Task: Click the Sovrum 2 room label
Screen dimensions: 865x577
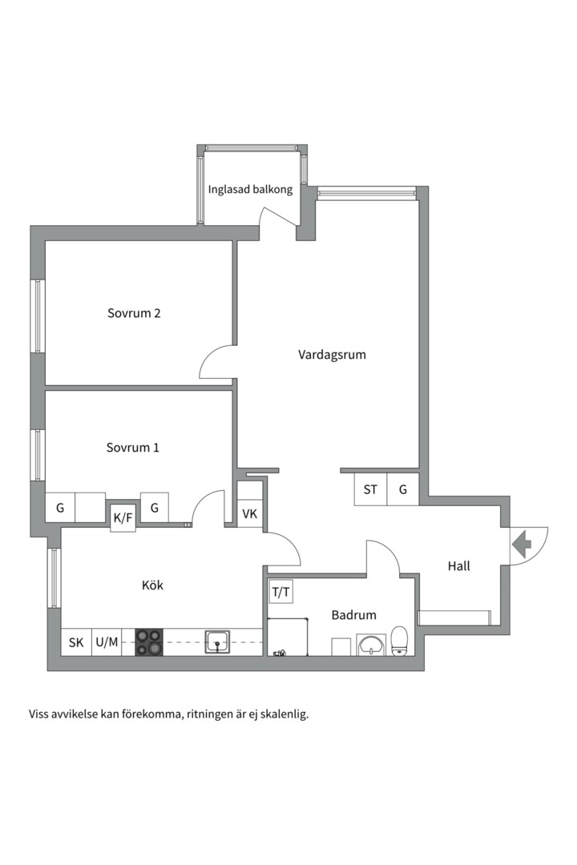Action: coord(134,313)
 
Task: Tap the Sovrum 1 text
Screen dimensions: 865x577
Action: coord(132,448)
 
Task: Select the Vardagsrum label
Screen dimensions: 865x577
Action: coord(332,354)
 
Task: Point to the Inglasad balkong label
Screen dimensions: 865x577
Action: coord(250,190)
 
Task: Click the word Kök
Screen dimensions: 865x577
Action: coord(152,585)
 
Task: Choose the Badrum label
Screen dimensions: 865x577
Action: coord(353,615)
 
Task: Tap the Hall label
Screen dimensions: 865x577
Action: coord(458,566)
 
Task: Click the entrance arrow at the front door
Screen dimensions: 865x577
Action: coord(522,546)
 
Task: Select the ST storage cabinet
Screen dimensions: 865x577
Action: coord(370,489)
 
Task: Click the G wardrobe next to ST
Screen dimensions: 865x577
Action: coord(403,489)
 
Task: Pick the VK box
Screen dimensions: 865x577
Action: coord(249,513)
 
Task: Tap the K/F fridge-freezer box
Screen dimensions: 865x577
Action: coord(123,518)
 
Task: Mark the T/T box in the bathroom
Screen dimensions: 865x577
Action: coord(280,593)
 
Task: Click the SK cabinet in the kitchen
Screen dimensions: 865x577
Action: coord(76,642)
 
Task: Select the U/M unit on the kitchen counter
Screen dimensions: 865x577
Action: coord(107,642)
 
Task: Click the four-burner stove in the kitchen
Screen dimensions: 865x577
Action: coord(148,642)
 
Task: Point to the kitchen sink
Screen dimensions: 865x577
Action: coord(217,642)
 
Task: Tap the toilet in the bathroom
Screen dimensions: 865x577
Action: coord(400,642)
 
